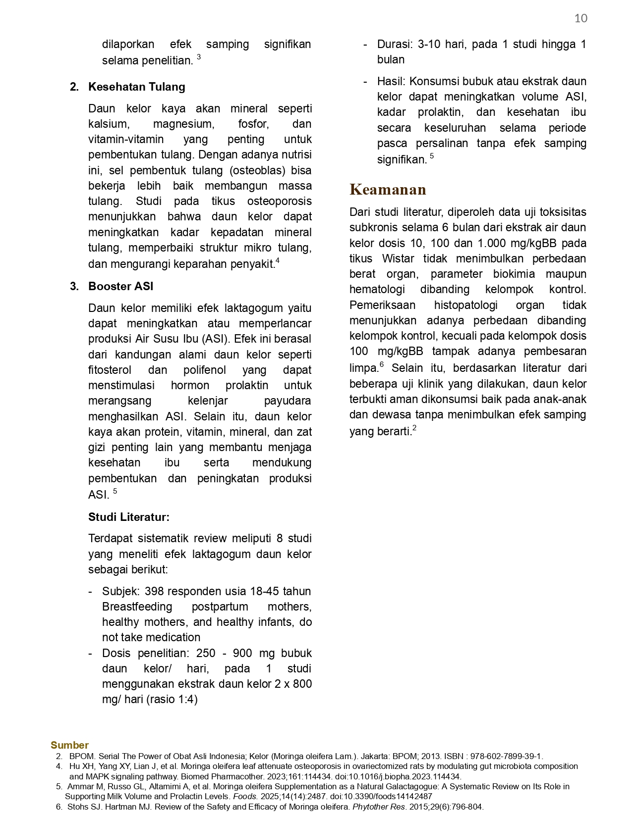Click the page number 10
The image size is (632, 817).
tap(580, 18)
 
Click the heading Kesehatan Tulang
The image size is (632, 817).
tap(136, 87)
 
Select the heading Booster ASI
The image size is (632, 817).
tap(120, 286)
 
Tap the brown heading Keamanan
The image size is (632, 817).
tap(388, 190)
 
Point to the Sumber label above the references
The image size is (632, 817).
tap(69, 745)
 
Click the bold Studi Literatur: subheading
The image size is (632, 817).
tap(128, 517)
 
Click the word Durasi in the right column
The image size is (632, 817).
tap(394, 44)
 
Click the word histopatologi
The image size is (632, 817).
tap(466, 305)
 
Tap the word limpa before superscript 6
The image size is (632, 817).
tap(363, 368)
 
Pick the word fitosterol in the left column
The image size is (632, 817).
tap(110, 370)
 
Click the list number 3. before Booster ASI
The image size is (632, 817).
tap(74, 286)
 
